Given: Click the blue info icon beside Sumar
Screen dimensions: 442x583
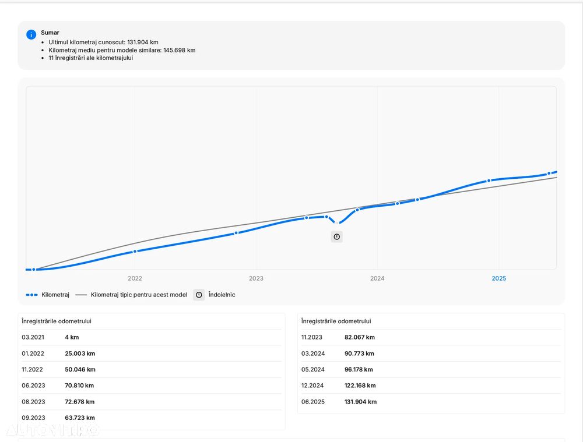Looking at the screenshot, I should (x=31, y=34).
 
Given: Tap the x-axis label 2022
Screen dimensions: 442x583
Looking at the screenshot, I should (x=135, y=278).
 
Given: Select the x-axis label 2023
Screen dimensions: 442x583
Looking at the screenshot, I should (x=256, y=278).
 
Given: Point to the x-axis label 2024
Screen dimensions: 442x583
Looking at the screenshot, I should (x=377, y=278).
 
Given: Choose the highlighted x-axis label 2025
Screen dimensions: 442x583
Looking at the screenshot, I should (x=499, y=278).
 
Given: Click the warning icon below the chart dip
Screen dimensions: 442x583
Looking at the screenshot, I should (x=336, y=237).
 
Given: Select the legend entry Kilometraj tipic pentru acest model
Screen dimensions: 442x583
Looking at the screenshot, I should (x=139, y=295).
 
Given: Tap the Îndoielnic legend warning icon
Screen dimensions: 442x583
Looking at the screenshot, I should (x=199, y=295).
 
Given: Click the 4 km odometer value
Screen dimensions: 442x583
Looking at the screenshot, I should (x=72, y=337).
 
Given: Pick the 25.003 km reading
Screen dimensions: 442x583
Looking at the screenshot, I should (x=80, y=353).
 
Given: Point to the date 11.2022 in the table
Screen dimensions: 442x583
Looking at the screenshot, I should (x=33, y=369).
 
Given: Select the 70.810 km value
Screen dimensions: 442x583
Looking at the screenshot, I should (x=79, y=386).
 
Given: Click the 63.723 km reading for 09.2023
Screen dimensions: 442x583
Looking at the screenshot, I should (x=80, y=418).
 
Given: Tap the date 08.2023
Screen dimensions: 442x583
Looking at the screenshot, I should (x=33, y=402).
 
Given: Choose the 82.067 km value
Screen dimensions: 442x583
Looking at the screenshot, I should (x=360, y=337).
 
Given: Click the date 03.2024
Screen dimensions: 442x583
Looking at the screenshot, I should (x=313, y=353).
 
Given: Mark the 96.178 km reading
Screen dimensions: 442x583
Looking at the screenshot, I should (x=359, y=369).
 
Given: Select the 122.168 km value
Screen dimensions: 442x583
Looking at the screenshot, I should (x=360, y=386).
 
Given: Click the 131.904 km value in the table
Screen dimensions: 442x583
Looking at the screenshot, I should (x=360, y=402).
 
